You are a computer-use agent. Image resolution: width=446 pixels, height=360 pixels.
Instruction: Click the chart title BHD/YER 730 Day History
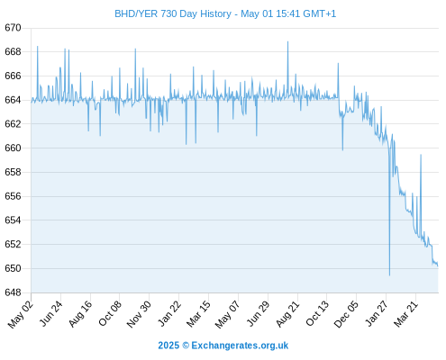173,13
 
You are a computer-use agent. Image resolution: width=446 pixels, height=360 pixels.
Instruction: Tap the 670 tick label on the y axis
13,28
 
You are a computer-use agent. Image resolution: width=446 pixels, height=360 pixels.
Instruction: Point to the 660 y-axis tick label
13,148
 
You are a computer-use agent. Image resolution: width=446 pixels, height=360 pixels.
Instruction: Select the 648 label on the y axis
13,292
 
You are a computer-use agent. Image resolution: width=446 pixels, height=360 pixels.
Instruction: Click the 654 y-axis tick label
13,220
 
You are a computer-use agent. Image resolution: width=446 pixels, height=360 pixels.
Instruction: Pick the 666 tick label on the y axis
13,76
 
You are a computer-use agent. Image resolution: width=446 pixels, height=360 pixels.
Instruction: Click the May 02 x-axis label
21,314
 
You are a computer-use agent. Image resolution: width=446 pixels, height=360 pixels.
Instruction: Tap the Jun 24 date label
51,313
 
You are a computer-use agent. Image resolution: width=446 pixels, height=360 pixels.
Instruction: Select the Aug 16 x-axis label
80,313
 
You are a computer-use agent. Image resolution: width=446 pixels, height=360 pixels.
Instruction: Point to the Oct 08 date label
110,313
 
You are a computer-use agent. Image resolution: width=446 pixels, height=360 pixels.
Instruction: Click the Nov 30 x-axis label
139,314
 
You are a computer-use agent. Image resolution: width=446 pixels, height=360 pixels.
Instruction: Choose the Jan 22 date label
169,313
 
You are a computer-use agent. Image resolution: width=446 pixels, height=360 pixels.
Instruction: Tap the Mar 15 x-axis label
198,314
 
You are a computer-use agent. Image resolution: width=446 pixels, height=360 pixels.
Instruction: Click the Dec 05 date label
346,314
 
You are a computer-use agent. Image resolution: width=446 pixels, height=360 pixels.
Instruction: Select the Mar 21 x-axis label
405,314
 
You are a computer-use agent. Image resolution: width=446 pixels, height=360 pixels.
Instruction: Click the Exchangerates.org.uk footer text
240,346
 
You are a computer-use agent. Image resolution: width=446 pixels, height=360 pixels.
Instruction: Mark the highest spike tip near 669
287,41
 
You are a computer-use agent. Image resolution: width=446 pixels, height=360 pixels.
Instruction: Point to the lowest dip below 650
389,275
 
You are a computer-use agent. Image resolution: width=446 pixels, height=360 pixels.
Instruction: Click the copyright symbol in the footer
186,346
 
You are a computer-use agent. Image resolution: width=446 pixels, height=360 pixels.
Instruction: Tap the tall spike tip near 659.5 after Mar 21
421,155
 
